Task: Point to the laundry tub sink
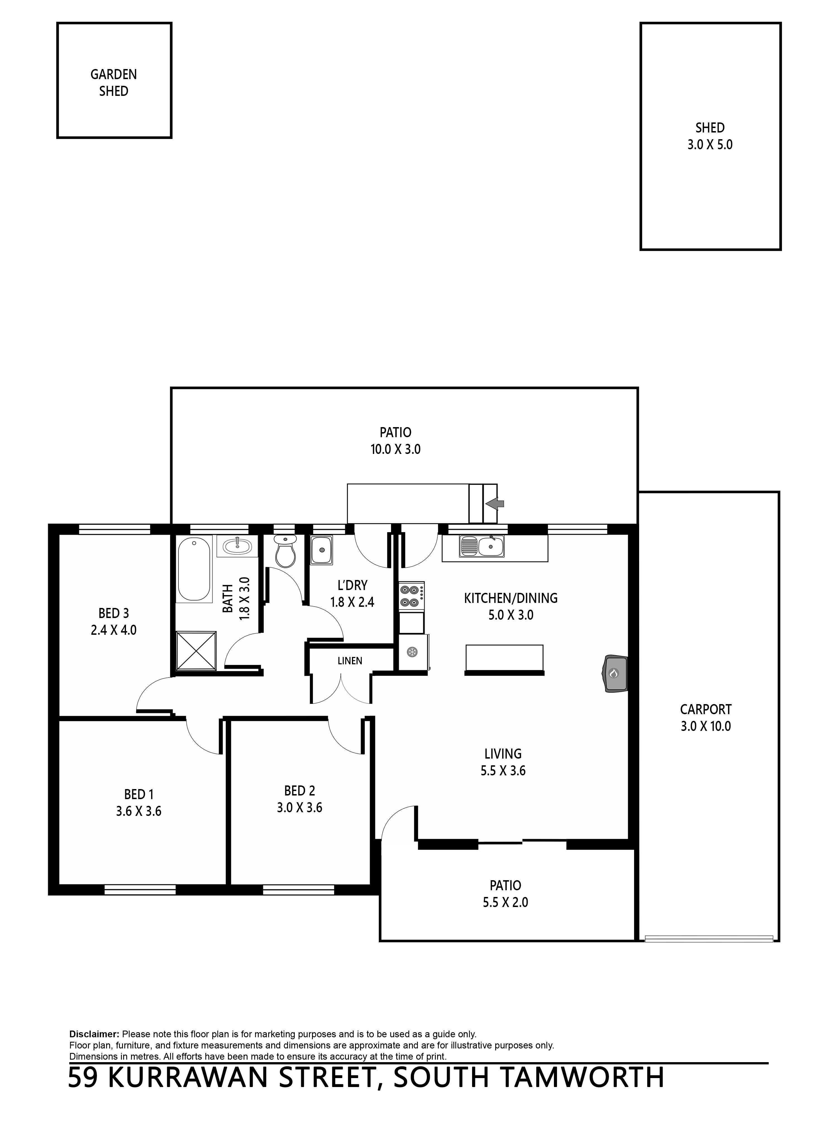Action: coord(321,550)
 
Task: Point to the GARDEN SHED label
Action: coord(114,83)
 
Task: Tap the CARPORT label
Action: coord(706,709)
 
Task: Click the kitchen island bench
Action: coord(505,659)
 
